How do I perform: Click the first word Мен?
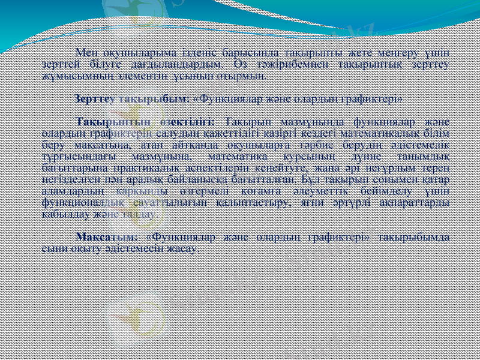tap(85, 52)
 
